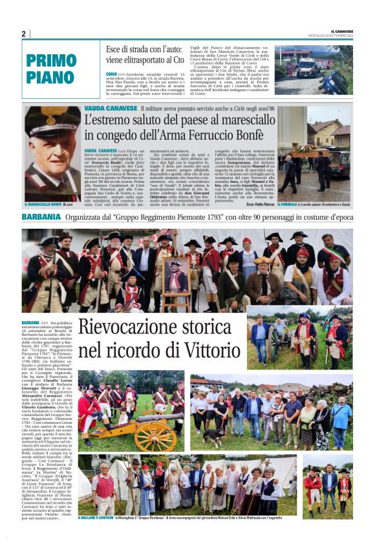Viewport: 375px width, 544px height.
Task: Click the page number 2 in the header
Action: pyautogui.click(x=23, y=34)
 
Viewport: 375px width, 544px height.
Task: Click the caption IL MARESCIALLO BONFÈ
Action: pyautogui.click(x=43, y=204)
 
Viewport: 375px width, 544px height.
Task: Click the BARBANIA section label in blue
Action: pyautogui.click(x=41, y=217)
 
